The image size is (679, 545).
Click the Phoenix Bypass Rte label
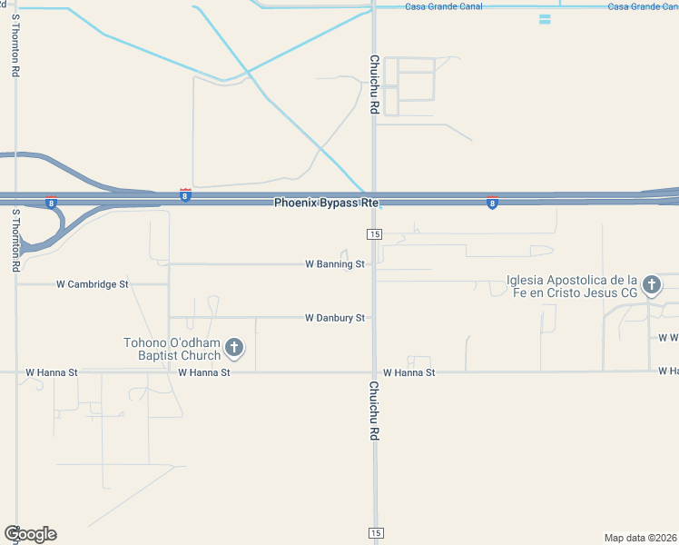[326, 203]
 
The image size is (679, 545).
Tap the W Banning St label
[334, 264]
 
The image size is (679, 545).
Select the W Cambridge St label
[93, 284]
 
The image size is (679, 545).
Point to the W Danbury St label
[334, 318]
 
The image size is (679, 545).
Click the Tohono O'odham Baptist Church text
[172, 349]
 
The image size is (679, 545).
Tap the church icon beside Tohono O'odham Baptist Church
[234, 347]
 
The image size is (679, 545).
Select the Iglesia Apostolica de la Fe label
[572, 286]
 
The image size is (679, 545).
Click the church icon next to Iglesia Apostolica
[651, 286]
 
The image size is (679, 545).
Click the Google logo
[30, 534]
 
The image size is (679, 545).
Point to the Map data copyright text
[641, 537]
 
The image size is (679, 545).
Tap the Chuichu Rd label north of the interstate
[373, 84]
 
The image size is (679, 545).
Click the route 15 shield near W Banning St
[375, 234]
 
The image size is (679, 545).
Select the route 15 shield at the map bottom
[375, 532]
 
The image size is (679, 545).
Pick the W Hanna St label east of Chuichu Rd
[408, 372]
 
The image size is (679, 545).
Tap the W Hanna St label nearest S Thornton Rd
[52, 372]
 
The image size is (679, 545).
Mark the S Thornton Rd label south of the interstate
[15, 240]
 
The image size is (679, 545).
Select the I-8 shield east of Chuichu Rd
[492, 203]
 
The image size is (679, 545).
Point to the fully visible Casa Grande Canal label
[444, 6]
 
